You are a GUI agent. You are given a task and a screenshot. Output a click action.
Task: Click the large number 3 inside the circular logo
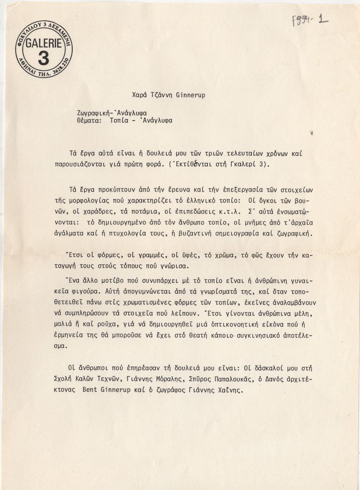click(x=43, y=58)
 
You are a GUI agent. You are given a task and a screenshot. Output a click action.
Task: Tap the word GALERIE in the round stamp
click(x=43, y=44)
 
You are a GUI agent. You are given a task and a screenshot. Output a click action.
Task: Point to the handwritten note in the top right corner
click(x=310, y=20)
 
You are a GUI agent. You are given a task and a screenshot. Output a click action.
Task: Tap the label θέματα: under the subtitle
click(x=89, y=121)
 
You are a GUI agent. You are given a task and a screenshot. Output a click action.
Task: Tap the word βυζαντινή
click(x=190, y=234)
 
